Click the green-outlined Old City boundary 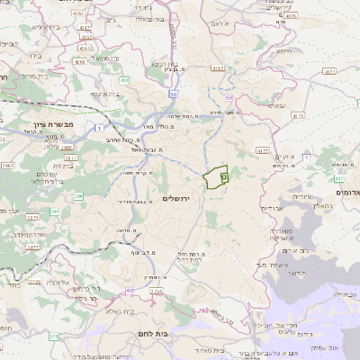coord(216,178)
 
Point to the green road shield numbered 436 coord(125,81)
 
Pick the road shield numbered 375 coord(52,337)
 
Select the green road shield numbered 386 coord(78,195)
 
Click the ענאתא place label coord(277,105)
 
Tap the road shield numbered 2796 coord(34,282)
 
